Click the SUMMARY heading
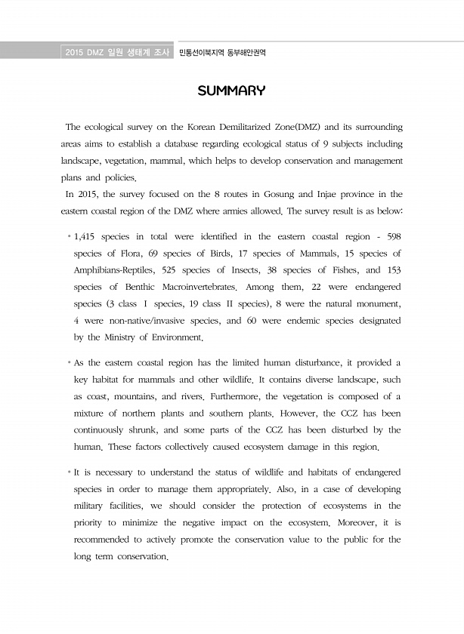click(231, 91)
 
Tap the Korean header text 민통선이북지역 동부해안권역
click(223, 53)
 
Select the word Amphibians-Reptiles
click(115, 270)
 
